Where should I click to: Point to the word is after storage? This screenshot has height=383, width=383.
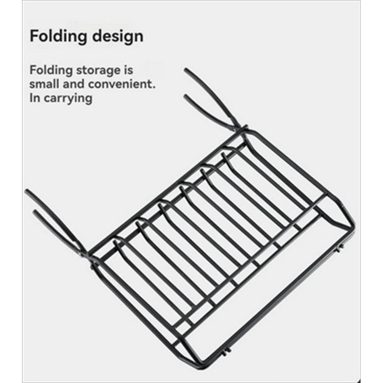[128, 70]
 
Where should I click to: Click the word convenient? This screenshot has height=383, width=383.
[120, 84]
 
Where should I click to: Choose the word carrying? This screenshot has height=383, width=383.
[68, 99]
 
